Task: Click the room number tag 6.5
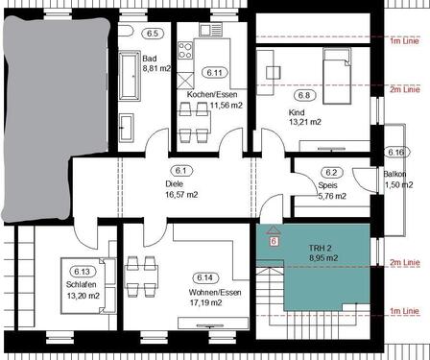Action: tap(152, 33)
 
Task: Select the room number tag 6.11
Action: tap(214, 72)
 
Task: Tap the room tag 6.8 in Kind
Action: tap(305, 96)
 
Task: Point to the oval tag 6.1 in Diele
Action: tap(182, 170)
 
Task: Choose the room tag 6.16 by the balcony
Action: tap(394, 153)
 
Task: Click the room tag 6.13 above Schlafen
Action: tap(81, 272)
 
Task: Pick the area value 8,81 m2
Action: tap(155, 69)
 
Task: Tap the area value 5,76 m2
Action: tap(332, 197)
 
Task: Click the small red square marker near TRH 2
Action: tap(275, 242)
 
